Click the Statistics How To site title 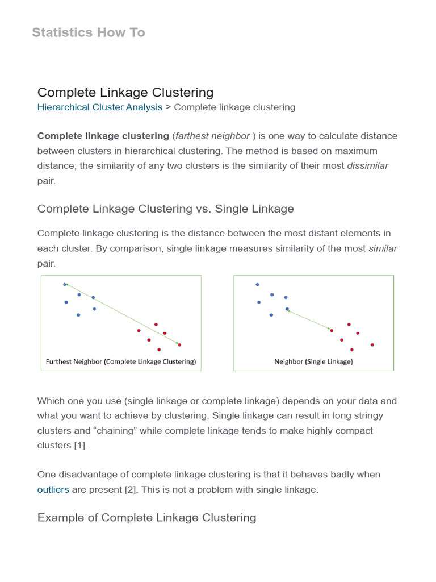89,32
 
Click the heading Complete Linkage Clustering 125,92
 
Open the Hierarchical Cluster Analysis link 100,107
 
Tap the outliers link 53,489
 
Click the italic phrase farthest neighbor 213,136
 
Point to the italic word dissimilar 368,165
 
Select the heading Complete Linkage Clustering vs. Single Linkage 166,209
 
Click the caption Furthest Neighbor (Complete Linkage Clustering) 121,361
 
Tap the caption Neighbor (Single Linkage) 313,361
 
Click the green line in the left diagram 122,314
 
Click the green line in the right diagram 309,319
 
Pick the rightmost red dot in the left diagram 179,344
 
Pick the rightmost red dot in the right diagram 372,344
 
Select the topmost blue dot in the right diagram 257,284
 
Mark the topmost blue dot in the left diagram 65,284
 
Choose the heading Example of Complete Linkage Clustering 146,518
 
